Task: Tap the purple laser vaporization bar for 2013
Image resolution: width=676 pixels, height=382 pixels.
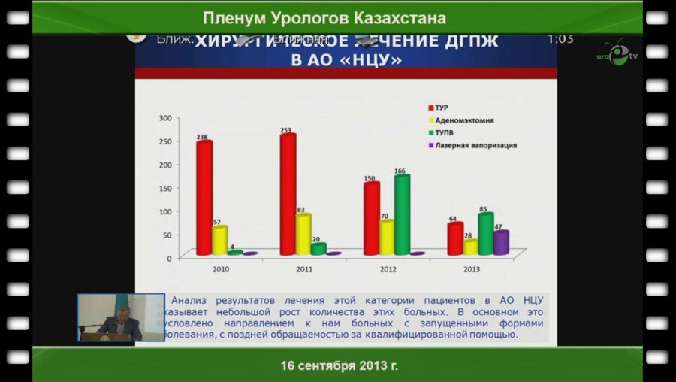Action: [501, 242]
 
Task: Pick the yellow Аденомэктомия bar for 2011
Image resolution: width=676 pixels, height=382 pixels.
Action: [303, 235]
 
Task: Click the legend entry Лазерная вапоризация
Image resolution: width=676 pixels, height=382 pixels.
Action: [476, 145]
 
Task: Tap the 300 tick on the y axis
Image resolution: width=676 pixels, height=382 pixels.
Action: [164, 118]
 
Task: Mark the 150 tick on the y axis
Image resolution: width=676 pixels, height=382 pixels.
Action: [164, 188]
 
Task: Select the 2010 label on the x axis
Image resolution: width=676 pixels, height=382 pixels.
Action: [222, 268]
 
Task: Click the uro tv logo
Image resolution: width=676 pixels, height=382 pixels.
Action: [617, 54]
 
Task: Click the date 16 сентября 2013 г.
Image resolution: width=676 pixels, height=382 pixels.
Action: [339, 366]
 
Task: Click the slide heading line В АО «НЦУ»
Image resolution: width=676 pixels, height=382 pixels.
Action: [346, 59]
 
